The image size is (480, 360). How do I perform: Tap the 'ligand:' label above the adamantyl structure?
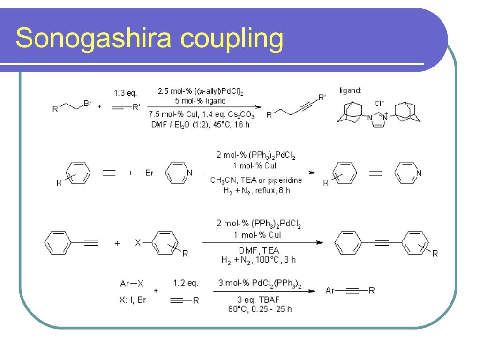(x=350, y=90)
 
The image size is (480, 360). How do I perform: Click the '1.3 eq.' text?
(x=125, y=94)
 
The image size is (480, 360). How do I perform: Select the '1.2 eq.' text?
(x=186, y=283)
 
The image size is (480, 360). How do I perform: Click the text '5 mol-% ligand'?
(x=199, y=101)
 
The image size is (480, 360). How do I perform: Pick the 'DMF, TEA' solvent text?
(x=259, y=251)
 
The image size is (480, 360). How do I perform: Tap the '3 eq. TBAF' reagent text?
(x=259, y=300)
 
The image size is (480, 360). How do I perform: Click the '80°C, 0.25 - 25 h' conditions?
(x=260, y=309)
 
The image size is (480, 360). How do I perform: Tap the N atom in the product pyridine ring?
(x=419, y=173)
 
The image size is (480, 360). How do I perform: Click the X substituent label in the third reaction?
(x=138, y=243)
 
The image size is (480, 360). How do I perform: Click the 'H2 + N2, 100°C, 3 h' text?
(x=259, y=259)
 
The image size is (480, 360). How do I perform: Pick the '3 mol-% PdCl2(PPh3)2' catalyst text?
(x=259, y=283)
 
